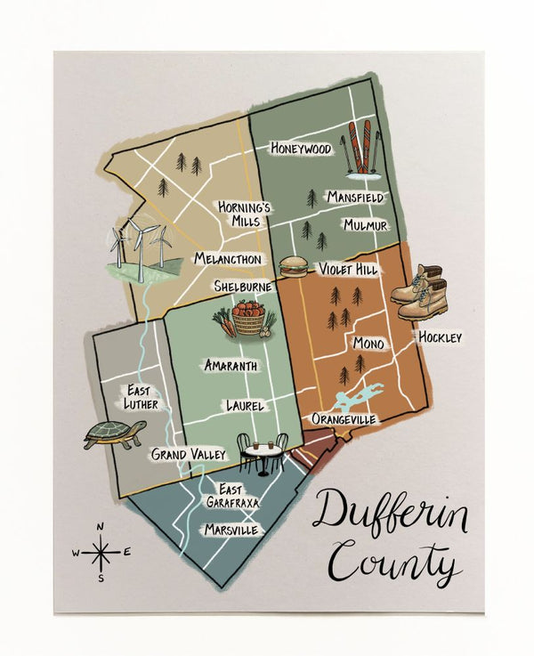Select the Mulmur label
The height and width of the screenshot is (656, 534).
(366, 225)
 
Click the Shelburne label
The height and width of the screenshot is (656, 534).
(241, 287)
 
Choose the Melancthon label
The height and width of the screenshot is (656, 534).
(228, 259)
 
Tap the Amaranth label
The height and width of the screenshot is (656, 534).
(231, 366)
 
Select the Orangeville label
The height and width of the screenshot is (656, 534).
(344, 418)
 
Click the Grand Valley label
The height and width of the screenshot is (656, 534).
(188, 455)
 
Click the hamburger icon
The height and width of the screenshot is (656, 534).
(293, 265)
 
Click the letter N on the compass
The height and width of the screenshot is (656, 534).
(101, 525)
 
